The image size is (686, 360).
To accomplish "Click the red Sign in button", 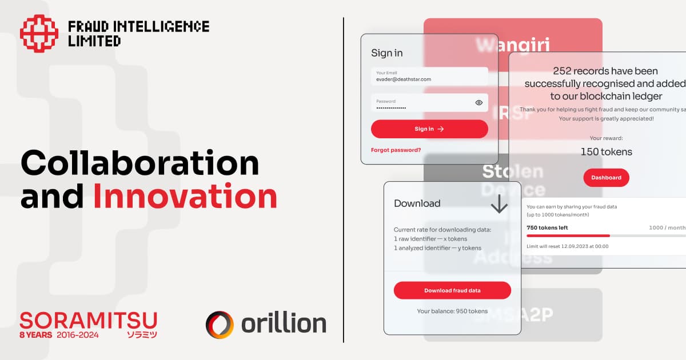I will (x=429, y=129).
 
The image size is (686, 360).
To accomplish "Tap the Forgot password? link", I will (x=396, y=150).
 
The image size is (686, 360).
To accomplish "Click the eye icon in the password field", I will (x=479, y=103).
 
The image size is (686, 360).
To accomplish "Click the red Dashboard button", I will (x=606, y=178).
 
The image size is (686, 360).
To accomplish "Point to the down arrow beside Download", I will (x=499, y=204).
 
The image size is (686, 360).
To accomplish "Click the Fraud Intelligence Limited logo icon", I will (x=39, y=34).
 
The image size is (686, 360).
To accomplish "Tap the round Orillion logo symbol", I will (x=220, y=325).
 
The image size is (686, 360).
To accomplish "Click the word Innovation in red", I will (x=185, y=196).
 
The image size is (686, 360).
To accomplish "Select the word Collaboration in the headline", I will (x=139, y=163).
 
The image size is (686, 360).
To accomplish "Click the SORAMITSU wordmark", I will (x=88, y=320).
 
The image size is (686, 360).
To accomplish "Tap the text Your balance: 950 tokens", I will (x=452, y=311).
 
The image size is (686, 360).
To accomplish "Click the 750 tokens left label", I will (x=547, y=227).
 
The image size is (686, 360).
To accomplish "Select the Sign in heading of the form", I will (x=386, y=53).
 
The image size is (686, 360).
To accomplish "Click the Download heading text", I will (x=417, y=203).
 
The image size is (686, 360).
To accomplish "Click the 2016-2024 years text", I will (x=78, y=335).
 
